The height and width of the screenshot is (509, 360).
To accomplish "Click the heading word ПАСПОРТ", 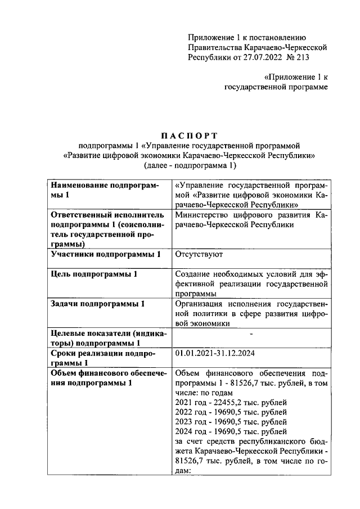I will pos(188,135).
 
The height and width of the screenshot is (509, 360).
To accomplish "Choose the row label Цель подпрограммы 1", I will pos(94,274).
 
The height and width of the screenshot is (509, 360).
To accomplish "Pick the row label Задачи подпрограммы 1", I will pos(98,304).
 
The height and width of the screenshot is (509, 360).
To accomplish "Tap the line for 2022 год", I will pos(231,412).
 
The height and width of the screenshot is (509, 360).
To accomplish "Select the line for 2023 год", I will pos(231,422).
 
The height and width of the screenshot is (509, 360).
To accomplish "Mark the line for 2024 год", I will pos(231,433).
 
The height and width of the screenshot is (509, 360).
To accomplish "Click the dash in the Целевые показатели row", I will pos(251,334).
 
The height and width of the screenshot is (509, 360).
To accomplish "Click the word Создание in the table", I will pos(194,274).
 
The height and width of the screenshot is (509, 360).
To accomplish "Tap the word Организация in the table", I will pos(202,304).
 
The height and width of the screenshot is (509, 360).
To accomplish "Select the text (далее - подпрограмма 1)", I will pos(188,166).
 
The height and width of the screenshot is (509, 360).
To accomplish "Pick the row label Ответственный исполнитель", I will pos(107,215).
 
